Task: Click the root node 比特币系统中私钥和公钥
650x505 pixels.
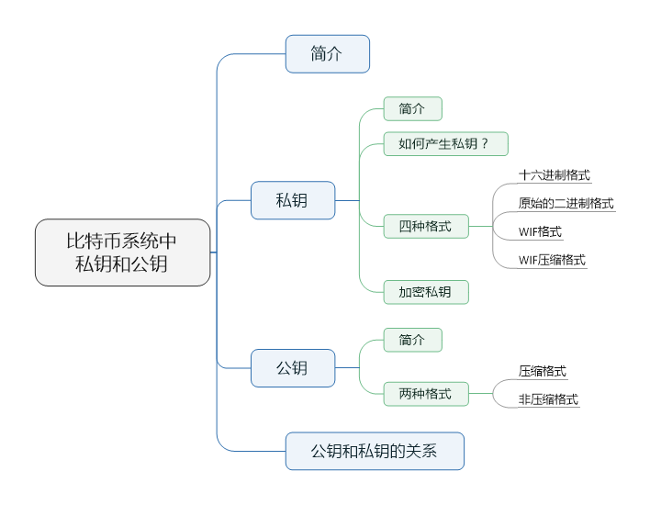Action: point(122,252)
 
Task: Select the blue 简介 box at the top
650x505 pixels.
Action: point(327,54)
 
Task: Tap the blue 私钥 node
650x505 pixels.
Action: point(292,200)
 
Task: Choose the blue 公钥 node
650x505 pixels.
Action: point(292,368)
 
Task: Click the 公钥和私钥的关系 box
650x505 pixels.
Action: point(374,451)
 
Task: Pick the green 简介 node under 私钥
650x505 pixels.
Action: point(412,109)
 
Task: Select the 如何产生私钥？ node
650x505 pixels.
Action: point(445,144)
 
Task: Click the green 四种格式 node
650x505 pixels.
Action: point(425,226)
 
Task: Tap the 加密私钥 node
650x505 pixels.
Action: point(425,292)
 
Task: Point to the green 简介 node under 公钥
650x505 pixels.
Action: point(412,340)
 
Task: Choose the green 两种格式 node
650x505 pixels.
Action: point(425,394)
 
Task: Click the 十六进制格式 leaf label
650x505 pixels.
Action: point(554,175)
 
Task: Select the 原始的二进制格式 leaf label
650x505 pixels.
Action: point(566,204)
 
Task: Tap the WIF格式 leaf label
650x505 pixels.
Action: point(540,232)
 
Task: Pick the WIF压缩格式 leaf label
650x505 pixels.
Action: point(552,260)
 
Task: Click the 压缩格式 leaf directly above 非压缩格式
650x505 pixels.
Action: point(542,372)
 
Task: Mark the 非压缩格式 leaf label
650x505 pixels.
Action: point(548,399)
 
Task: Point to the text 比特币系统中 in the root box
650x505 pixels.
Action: point(122,241)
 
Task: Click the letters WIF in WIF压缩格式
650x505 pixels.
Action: point(529,260)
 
